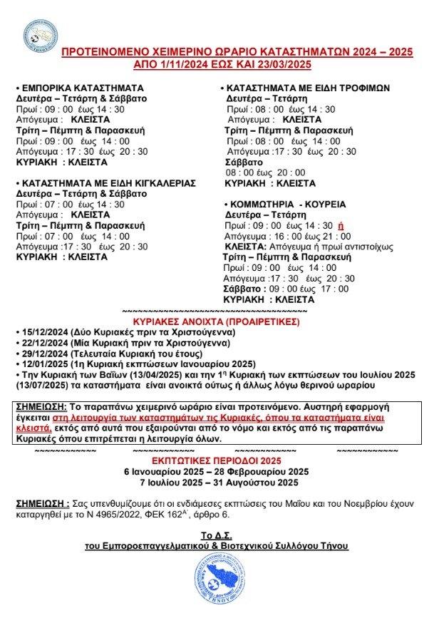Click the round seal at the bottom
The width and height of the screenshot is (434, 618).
tap(217, 579)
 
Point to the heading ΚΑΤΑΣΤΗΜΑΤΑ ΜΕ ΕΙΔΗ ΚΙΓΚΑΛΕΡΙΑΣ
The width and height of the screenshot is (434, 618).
tap(108, 182)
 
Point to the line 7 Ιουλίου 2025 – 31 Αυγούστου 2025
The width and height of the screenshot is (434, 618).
tap(217, 483)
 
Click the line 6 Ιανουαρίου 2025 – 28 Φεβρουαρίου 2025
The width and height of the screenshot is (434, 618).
tap(217, 472)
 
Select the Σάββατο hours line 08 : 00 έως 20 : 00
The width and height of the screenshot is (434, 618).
tap(265, 172)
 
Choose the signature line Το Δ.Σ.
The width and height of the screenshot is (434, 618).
tap(216, 535)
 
